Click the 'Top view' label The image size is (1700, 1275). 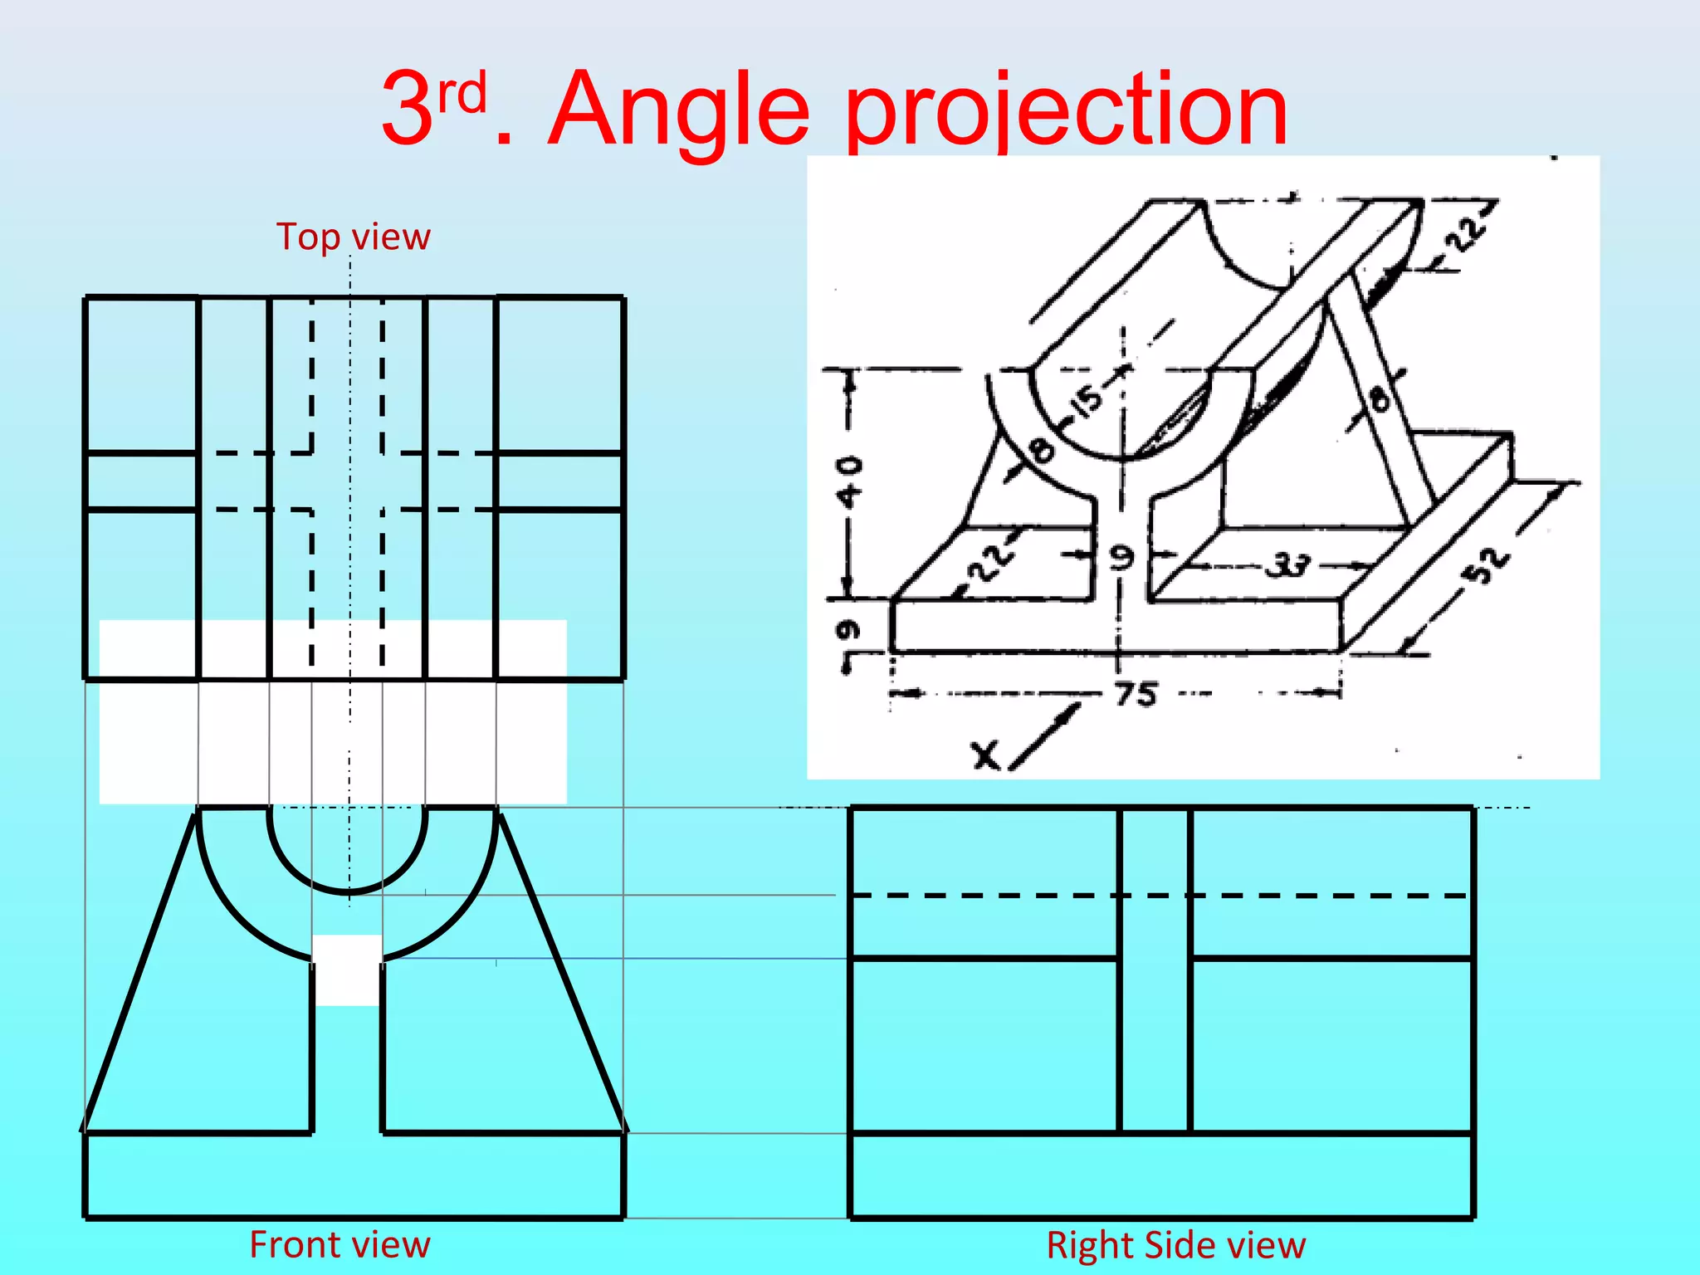pyautogui.click(x=353, y=237)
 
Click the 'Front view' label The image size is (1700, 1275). pyautogui.click(x=340, y=1245)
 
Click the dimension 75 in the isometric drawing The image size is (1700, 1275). pyautogui.click(x=1135, y=693)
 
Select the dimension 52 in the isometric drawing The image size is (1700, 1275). pyautogui.click(x=1487, y=564)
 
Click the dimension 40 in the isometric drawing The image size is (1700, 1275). pyautogui.click(x=849, y=481)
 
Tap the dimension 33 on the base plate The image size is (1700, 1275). pyautogui.click(x=1287, y=566)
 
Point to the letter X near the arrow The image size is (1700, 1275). pyautogui.click(x=985, y=756)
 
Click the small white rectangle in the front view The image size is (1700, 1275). pyautogui.click(x=347, y=970)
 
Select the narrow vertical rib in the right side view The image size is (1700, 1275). pyautogui.click(x=1155, y=970)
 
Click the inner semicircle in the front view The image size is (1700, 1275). pyautogui.click(x=347, y=892)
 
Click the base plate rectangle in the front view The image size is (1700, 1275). pyautogui.click(x=353, y=1175)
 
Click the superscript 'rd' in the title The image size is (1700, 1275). pyautogui.click(x=462, y=94)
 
